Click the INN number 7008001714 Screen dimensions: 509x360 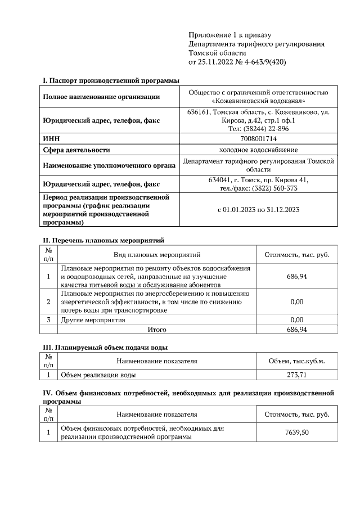coord(258,138)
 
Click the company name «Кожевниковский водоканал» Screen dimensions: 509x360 coord(258,101)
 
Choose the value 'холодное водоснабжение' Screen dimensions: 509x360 coord(258,150)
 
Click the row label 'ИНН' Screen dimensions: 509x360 coord(51,138)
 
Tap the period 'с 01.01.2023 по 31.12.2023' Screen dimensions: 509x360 coord(258,210)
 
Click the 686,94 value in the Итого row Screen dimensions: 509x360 coord(296,330)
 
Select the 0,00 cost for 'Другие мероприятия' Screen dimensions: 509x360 coord(296,319)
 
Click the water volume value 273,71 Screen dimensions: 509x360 coord(296,375)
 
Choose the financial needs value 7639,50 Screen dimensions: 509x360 coord(296,433)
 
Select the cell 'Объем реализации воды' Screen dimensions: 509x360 coord(98,375)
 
